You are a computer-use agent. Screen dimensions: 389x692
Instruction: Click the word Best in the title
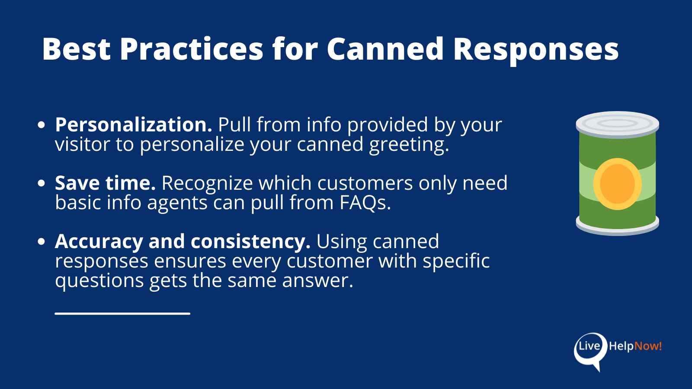point(76,49)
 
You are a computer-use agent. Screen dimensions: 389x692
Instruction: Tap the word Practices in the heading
point(191,49)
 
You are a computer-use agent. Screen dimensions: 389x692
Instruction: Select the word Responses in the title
point(536,50)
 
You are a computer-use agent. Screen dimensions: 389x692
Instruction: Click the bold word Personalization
point(133,125)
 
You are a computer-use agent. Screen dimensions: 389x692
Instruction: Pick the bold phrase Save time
point(105,183)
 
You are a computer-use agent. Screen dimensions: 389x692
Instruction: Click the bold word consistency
point(250,241)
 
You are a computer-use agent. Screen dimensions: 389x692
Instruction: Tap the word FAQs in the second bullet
point(365,203)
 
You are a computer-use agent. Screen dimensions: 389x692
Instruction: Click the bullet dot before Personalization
point(42,125)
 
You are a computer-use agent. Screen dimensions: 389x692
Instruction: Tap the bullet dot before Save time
point(42,183)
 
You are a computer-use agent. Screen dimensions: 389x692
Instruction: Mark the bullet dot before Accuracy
point(42,242)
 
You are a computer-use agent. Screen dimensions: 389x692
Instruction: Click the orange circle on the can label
point(617,184)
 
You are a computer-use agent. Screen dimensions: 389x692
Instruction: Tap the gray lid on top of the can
point(617,124)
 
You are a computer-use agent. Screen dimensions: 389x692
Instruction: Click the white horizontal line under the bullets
point(122,313)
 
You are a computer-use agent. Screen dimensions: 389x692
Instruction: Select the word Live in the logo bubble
point(589,346)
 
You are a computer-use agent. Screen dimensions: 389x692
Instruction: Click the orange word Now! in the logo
point(648,346)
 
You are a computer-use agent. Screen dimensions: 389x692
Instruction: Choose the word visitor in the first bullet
point(82,145)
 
